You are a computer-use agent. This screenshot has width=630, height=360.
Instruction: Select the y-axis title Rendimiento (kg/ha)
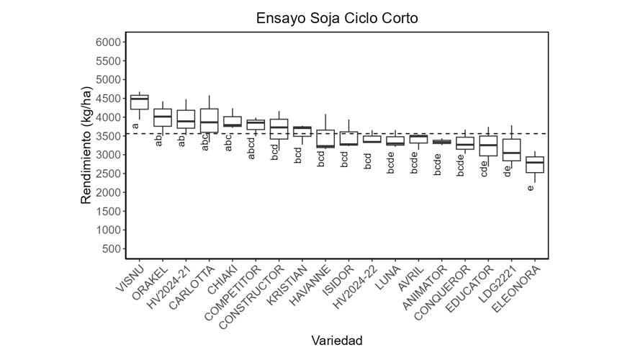pos(86,145)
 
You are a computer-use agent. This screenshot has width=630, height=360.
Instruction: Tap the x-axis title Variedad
pos(336,340)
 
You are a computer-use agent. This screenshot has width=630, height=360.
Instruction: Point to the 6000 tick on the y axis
pos(107,42)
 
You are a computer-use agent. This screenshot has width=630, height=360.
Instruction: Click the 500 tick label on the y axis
pos(109,249)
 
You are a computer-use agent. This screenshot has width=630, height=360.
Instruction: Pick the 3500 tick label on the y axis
pos(107,136)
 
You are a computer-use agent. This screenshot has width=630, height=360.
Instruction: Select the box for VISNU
pos(139,102)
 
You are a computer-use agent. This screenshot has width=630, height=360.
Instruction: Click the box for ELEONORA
pos(534,165)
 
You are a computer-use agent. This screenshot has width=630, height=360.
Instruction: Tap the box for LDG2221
pos(511,150)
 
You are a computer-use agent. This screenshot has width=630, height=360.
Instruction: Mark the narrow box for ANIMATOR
pos(441,142)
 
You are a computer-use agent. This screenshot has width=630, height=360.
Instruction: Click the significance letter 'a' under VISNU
pos(135,126)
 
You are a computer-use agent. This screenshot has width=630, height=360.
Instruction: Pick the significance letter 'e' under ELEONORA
pos(531,188)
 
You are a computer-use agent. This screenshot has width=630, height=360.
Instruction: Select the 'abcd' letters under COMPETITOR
pos(252,148)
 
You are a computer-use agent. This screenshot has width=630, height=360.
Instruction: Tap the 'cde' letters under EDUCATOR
pos(484,168)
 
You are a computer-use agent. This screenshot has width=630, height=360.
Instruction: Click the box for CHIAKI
pos(232,121)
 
